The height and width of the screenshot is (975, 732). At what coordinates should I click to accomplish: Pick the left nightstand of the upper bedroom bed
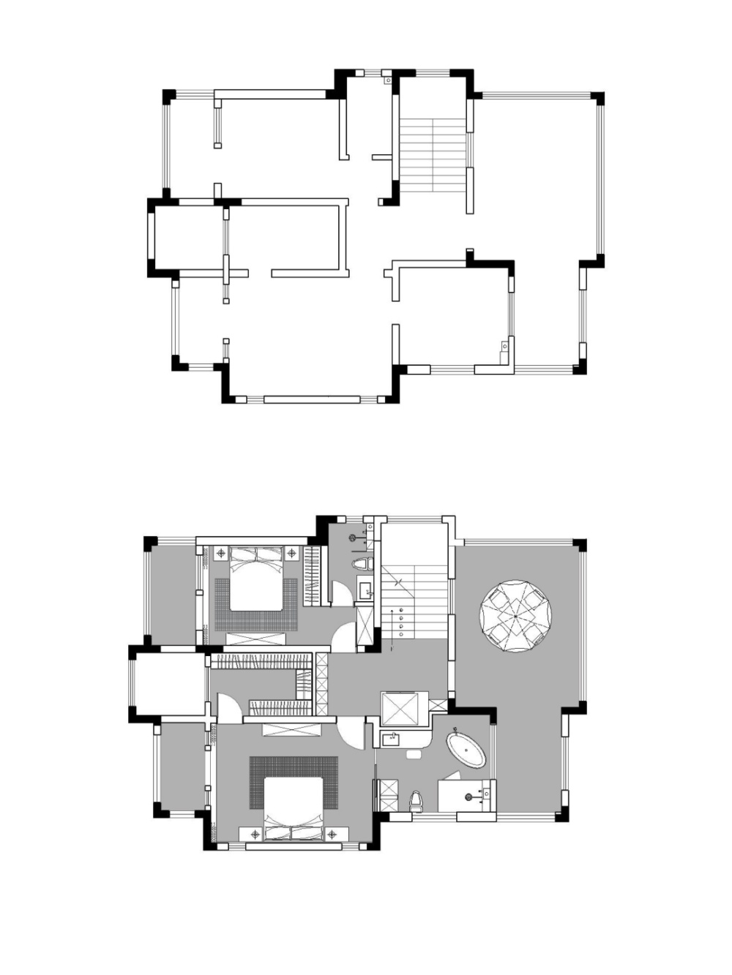pyautogui.click(x=220, y=553)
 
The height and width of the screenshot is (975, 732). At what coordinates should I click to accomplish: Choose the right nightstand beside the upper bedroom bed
pyautogui.click(x=292, y=553)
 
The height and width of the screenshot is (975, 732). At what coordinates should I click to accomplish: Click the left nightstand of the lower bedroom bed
pyautogui.click(x=255, y=834)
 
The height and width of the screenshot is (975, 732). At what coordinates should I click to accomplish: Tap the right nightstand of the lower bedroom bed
pyautogui.click(x=333, y=834)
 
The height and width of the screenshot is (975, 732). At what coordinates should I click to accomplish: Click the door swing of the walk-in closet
pyautogui.click(x=228, y=709)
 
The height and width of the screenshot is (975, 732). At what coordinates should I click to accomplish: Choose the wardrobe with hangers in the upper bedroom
pyautogui.click(x=313, y=576)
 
